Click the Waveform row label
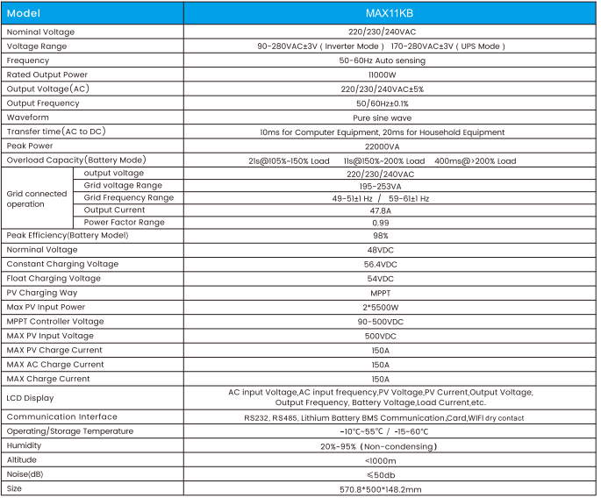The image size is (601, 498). (29, 117)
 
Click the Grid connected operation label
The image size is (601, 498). (37, 198)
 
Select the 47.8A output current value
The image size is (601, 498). (380, 210)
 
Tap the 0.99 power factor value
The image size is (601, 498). (380, 223)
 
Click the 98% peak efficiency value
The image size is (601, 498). (380, 235)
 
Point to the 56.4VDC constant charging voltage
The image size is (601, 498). (380, 264)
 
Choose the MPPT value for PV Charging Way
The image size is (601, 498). (380, 293)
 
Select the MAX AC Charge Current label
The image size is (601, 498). (55, 364)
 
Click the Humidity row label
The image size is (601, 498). (25, 445)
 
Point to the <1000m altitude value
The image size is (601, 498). (380, 459)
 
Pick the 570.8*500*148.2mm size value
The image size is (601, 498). (381, 488)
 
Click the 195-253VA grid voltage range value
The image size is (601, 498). (380, 186)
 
